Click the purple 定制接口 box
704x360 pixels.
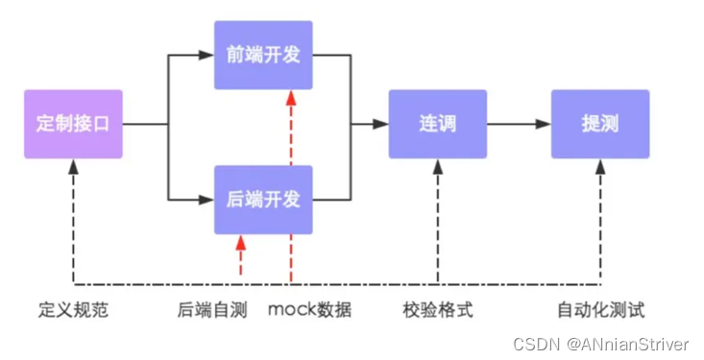[x=73, y=124]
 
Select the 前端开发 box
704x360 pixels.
[x=263, y=55]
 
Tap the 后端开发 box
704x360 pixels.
[x=263, y=200]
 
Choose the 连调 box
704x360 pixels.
[x=437, y=124]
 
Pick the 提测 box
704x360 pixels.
[x=599, y=124]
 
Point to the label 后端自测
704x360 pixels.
[x=211, y=310]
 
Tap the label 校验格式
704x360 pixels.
[x=437, y=310]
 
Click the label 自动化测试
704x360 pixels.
[x=600, y=310]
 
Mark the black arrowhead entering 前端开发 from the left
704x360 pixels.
[x=206, y=55]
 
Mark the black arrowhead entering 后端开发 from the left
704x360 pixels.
[x=206, y=200]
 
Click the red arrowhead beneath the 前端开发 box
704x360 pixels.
[x=289, y=97]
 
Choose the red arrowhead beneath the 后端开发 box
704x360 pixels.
[x=240, y=243]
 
